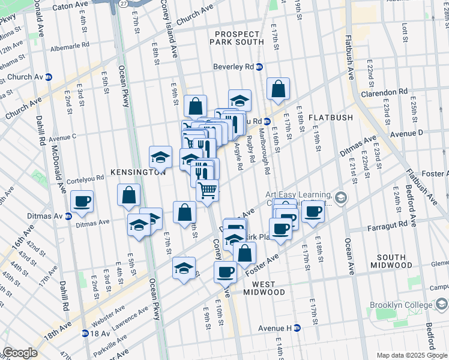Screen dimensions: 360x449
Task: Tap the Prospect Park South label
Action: (x=235, y=38)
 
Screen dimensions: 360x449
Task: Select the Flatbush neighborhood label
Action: (x=331, y=118)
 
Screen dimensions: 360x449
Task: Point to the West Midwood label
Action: (x=264, y=288)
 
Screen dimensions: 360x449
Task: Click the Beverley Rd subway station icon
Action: (x=259, y=67)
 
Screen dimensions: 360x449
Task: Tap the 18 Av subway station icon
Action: (x=85, y=333)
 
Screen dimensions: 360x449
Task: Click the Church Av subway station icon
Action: (x=49, y=77)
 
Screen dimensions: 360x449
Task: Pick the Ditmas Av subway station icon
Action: (x=68, y=216)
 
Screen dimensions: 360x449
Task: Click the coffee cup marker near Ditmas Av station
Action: (x=82, y=201)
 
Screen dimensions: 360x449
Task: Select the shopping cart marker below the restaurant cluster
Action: (x=207, y=191)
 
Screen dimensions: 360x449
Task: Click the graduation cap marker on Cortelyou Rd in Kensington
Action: (x=160, y=157)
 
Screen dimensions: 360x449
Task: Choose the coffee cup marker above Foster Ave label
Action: (x=226, y=272)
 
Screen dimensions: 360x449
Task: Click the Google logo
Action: (x=20, y=353)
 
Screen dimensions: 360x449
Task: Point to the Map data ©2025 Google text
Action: (x=412, y=355)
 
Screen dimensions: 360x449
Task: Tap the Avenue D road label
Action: (x=406, y=133)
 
